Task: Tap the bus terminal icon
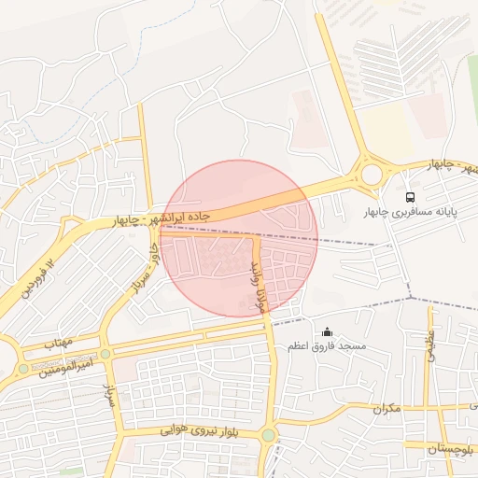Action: point(410,197)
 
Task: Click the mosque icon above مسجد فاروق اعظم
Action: point(327,331)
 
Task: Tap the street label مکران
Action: point(386,408)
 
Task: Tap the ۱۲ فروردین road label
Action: point(36,279)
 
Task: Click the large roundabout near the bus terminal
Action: point(372,174)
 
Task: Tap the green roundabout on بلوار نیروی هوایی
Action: point(269,435)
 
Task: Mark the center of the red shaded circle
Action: point(239,239)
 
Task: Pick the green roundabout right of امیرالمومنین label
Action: point(105,354)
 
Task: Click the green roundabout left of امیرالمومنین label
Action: point(23,369)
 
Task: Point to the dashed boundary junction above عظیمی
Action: point(411,299)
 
